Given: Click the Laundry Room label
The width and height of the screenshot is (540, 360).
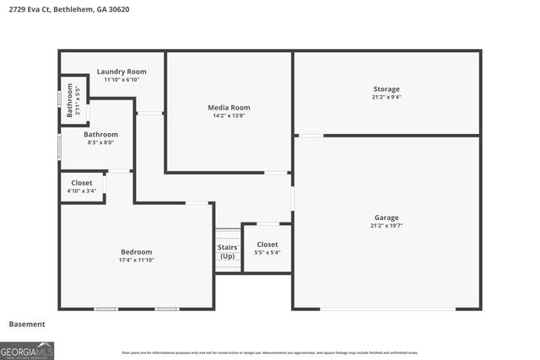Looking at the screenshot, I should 116,72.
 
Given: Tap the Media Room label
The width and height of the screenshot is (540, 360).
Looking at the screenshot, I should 229,107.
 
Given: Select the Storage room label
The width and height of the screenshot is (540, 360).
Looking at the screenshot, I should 386,89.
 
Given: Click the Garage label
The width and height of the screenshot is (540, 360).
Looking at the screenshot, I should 386,218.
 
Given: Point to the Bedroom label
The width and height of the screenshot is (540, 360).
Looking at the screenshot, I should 136,252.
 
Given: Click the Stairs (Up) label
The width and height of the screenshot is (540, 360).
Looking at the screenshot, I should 227,251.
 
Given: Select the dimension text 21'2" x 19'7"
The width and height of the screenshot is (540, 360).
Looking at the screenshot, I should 386,226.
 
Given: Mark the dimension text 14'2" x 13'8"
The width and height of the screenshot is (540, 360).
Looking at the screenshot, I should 229,116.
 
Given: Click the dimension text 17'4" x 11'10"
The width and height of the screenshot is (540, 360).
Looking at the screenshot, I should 136,260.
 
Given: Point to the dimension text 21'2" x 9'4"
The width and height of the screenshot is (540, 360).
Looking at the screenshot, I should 386,97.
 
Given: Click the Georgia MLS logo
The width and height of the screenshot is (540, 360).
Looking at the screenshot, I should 27,350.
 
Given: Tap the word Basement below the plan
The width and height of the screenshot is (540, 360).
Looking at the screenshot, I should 27,324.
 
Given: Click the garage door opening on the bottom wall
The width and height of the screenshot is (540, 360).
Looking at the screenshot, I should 388,309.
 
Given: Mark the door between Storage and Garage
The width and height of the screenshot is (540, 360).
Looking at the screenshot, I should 310,135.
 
